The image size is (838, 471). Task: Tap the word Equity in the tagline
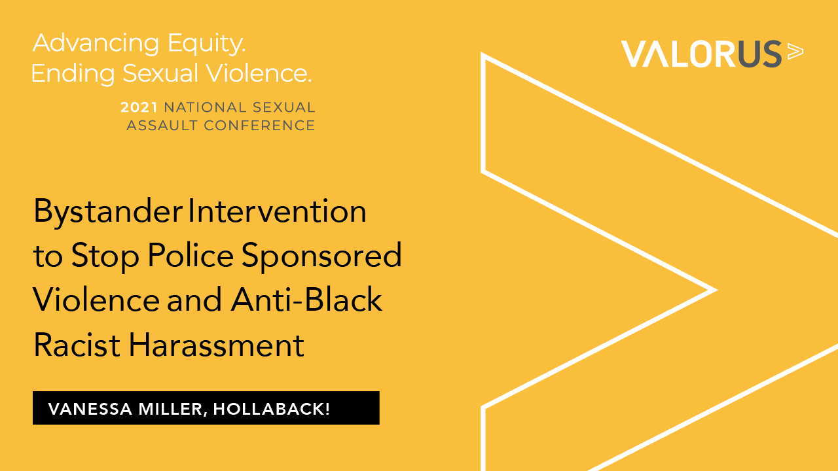click(x=206, y=44)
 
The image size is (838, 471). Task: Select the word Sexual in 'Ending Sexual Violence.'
click(x=160, y=73)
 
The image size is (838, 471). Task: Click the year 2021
click(x=139, y=107)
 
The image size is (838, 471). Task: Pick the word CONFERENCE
click(x=259, y=126)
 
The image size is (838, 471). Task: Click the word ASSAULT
click(x=162, y=126)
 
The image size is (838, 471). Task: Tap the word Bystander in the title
click(x=108, y=212)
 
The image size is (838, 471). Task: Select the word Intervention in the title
click(x=277, y=211)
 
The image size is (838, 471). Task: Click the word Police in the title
click(x=191, y=255)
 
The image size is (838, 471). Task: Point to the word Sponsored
click(x=321, y=257)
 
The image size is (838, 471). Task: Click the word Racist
click(x=77, y=345)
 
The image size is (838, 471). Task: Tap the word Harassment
click(x=217, y=345)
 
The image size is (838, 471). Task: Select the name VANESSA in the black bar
click(x=90, y=409)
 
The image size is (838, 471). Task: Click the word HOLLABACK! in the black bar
click(x=272, y=409)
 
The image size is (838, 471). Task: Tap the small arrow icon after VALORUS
click(x=795, y=52)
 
